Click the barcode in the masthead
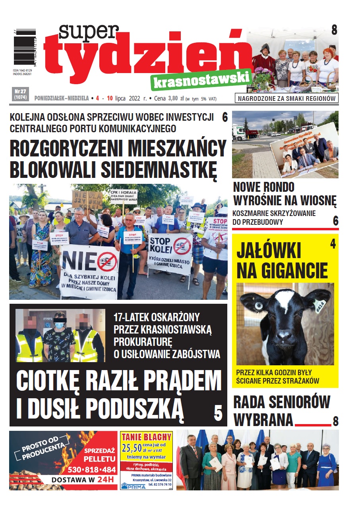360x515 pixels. tap(25, 45)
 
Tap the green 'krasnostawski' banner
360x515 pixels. tap(201, 80)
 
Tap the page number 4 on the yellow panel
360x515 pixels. tap(333, 244)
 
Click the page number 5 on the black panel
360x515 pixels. tap(218, 413)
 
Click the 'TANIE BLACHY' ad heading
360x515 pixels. tap(146, 437)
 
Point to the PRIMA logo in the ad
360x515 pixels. tap(133, 486)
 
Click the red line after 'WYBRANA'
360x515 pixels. tap(313, 424)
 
